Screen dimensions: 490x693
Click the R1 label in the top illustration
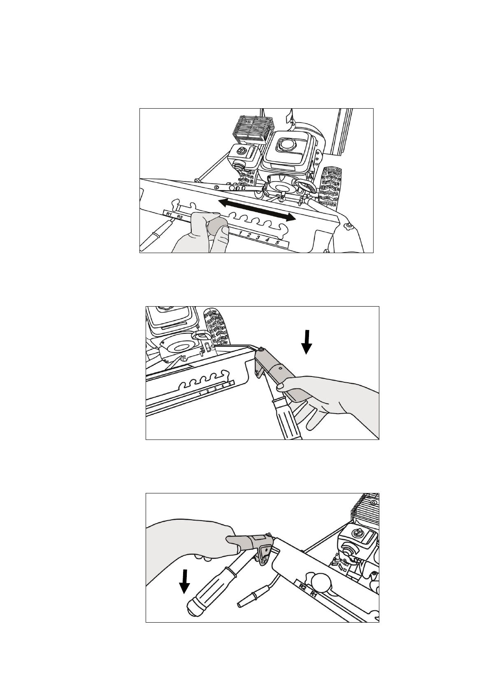[169, 214]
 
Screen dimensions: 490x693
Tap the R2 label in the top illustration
[180, 216]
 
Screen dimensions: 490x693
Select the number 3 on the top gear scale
[258, 237]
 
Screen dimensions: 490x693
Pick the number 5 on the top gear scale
[277, 243]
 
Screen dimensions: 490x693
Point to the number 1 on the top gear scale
[241, 233]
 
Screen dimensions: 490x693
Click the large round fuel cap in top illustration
[285, 144]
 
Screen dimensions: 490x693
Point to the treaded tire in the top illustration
[332, 185]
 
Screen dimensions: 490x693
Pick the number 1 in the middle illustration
[200, 394]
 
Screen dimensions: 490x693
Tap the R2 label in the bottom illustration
[302, 586]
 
